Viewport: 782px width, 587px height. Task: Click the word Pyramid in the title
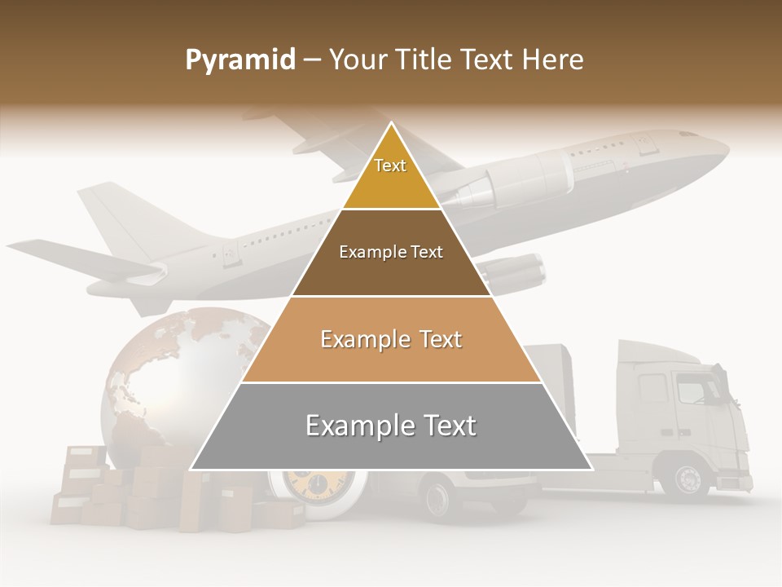(239, 60)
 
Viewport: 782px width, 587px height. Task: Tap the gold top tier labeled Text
(390, 175)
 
